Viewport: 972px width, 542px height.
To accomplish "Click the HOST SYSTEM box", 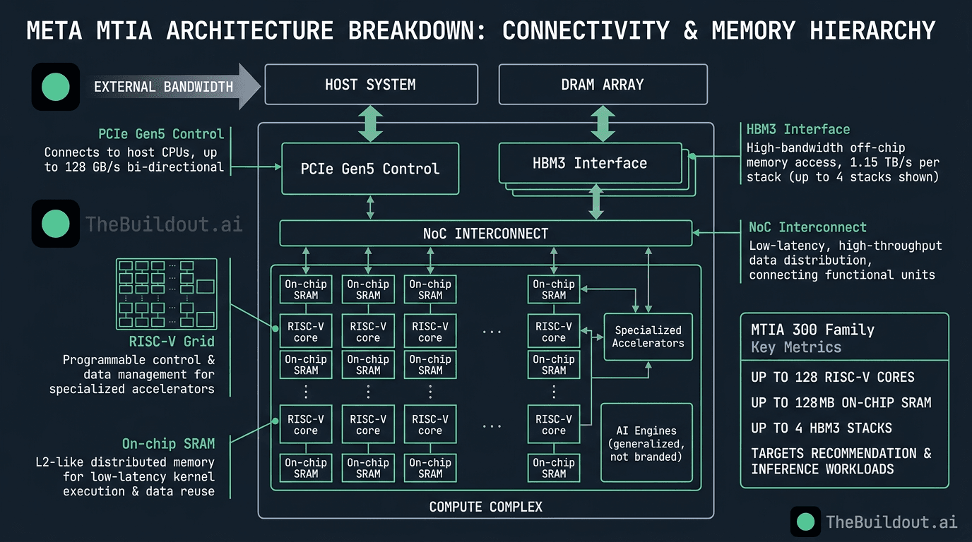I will point(371,85).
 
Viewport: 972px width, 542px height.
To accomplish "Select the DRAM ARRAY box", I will point(603,85).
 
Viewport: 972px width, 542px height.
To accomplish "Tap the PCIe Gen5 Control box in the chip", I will point(370,169).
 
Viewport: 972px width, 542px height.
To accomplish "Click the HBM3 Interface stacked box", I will point(590,164).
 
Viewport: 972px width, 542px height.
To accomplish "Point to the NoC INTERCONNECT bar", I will point(485,233).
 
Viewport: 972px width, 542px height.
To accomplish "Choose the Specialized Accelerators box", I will point(648,337).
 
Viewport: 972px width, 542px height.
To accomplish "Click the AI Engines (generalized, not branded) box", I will point(646,443).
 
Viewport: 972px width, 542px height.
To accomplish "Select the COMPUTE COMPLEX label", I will point(485,507).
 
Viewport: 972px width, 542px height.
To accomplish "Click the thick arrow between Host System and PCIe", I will point(371,124).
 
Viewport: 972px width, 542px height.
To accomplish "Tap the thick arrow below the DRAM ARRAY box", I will point(603,124).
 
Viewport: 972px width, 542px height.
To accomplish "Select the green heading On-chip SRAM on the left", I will point(168,444).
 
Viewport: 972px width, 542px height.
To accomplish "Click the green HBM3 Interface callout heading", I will point(798,129).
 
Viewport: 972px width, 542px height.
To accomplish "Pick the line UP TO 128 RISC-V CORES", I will point(832,378).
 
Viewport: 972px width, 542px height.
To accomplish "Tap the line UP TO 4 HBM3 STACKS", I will point(821,428).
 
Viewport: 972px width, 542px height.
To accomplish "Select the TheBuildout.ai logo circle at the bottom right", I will point(805,522).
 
